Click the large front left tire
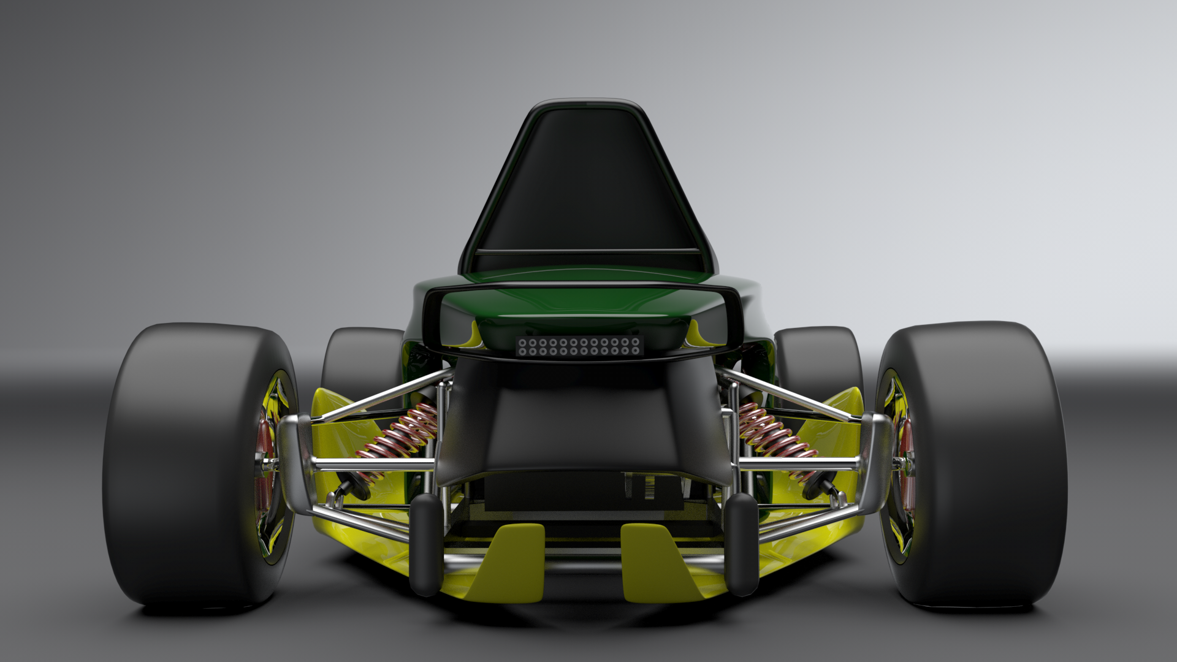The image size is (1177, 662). click(184, 466)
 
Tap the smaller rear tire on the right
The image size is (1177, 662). click(818, 362)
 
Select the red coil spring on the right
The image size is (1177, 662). click(775, 433)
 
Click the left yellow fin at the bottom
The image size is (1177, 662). click(512, 561)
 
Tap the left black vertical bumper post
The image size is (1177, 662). click(426, 546)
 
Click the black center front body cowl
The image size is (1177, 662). click(582, 423)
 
